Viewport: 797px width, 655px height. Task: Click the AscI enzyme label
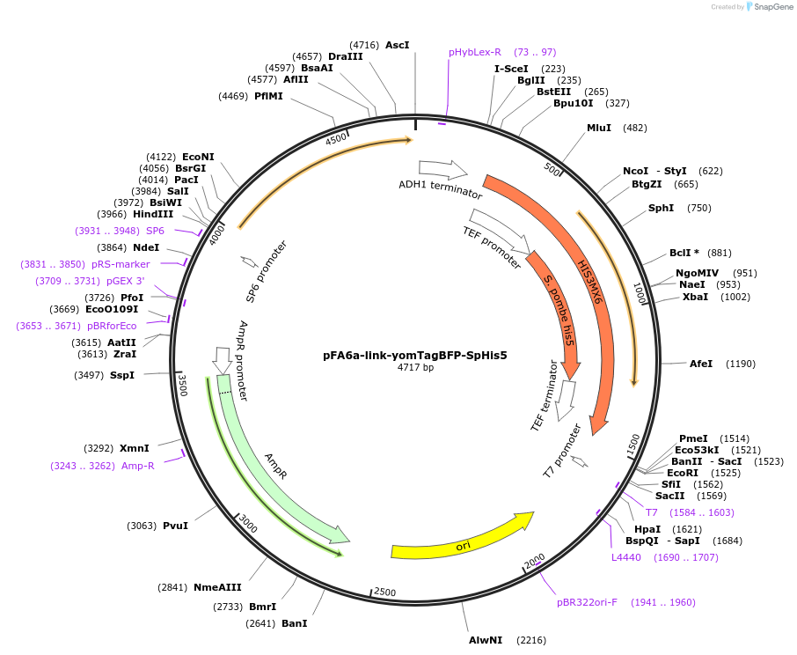pyautogui.click(x=398, y=44)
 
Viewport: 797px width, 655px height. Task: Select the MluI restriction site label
pyautogui.click(x=599, y=128)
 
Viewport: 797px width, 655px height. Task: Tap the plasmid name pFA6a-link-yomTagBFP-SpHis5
pyautogui.click(x=415, y=356)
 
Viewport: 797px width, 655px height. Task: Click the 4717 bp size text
pyautogui.click(x=415, y=368)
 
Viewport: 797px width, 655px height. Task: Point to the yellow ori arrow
pyautogui.click(x=462, y=539)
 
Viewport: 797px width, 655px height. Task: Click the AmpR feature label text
pyautogui.click(x=276, y=467)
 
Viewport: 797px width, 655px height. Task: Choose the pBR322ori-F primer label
pyautogui.click(x=587, y=602)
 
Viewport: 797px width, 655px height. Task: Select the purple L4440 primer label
pyautogui.click(x=627, y=557)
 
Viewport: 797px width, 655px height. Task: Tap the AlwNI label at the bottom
pyautogui.click(x=486, y=640)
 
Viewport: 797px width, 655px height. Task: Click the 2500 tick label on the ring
pyautogui.click(x=384, y=592)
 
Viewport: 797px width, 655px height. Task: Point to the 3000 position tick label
pyautogui.click(x=249, y=526)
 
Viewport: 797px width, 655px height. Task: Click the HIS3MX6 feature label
pyautogui.click(x=589, y=283)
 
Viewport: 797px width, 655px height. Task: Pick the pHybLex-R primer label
pyautogui.click(x=475, y=52)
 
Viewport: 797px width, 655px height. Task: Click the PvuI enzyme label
pyautogui.click(x=175, y=526)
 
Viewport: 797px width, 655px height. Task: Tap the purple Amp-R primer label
pyautogui.click(x=138, y=466)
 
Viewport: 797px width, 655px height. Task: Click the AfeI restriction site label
pyautogui.click(x=701, y=364)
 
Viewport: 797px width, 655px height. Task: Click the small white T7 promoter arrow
pyautogui.click(x=579, y=460)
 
